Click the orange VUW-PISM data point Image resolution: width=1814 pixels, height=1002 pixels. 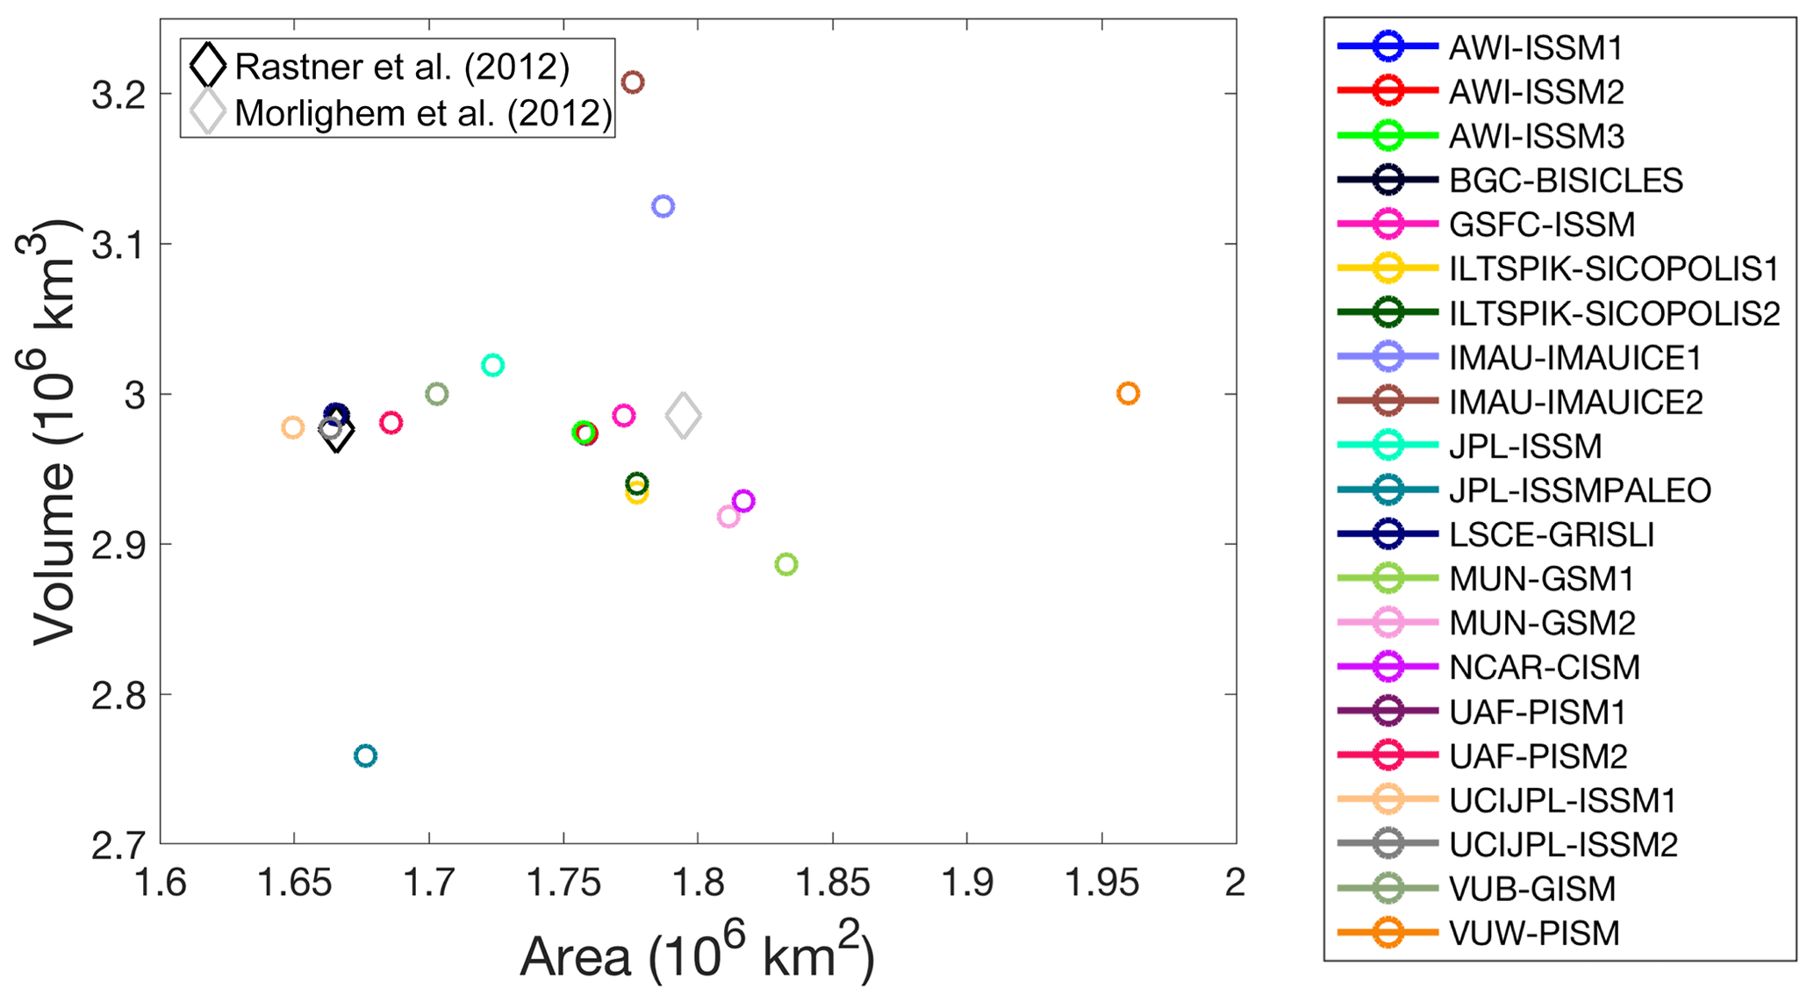click(1128, 394)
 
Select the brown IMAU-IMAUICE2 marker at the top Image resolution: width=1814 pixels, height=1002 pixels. click(633, 82)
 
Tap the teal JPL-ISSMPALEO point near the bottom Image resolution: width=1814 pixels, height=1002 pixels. click(365, 755)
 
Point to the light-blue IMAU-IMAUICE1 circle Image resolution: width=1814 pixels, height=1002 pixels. click(663, 206)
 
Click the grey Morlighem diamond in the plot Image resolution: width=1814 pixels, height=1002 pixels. click(684, 416)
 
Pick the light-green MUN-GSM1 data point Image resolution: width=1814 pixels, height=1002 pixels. click(786, 564)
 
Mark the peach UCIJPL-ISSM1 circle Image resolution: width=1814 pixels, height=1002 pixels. click(292, 427)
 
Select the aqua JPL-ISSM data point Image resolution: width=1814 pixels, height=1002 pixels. click(493, 365)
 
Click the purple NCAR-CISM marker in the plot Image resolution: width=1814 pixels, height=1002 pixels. click(744, 501)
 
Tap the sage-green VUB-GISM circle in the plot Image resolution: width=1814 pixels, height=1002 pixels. click(437, 394)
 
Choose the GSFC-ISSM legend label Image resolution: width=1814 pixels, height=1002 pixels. click(1542, 225)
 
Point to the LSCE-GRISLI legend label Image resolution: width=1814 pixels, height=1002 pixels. click(1552, 534)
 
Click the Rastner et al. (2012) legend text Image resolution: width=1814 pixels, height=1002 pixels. click(402, 67)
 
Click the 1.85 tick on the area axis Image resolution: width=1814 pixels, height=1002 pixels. click(832, 883)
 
